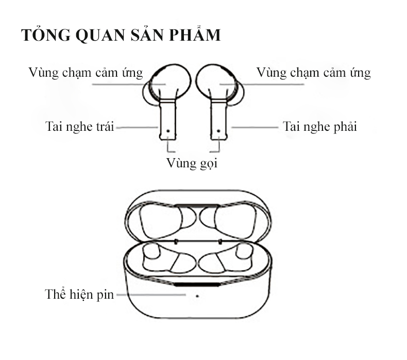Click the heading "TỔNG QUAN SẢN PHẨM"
[x=121, y=36]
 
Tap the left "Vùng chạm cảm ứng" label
[x=86, y=73]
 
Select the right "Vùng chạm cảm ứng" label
[x=313, y=73]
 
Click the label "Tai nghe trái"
[x=79, y=126]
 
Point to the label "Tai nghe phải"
[x=320, y=126]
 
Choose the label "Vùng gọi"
[x=193, y=164]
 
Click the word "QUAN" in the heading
[x=103, y=36]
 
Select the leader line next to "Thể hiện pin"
[x=149, y=295]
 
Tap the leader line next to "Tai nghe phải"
[x=255, y=126]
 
